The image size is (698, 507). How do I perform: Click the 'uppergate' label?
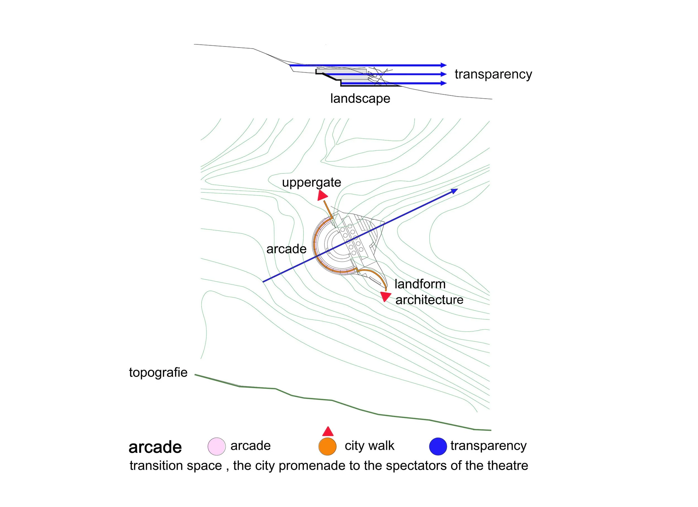312,182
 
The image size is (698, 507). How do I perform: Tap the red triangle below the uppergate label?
322,195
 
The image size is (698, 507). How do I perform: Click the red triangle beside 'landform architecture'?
385,296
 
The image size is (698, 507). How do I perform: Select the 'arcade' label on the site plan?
286,249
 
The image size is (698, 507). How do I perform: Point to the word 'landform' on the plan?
420,284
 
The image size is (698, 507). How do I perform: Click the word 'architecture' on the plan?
429,300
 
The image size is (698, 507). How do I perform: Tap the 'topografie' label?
158,372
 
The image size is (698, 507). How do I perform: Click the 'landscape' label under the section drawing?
360,98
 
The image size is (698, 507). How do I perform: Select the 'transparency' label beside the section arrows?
493,74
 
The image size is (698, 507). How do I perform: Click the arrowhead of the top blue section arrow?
443,65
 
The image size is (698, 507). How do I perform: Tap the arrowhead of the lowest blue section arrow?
443,83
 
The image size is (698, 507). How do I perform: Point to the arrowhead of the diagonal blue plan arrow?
455,191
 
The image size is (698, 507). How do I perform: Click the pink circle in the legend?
217,446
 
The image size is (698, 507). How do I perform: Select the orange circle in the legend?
328,446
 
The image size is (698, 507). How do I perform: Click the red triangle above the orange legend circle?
328,432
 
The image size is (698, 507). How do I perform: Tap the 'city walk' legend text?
369,446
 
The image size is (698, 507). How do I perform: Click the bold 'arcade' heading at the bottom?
155,447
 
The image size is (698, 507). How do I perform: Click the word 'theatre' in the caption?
508,465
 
